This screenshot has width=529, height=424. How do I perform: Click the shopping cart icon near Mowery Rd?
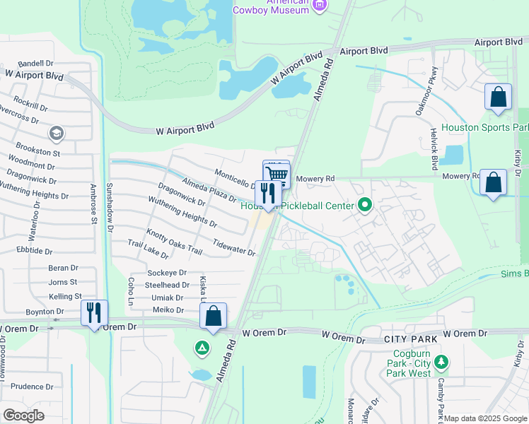point(278,174)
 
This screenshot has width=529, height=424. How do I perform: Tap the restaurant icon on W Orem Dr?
point(94,312)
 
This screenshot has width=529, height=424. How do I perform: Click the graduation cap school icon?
point(55,134)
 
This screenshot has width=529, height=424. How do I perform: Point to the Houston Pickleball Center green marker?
point(365,206)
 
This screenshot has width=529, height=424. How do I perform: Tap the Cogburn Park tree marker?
point(441,363)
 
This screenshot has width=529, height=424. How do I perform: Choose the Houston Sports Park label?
point(484,128)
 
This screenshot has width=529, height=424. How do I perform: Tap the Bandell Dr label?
point(35,64)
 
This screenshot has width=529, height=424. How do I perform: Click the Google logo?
point(23,416)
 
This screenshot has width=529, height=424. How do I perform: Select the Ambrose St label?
point(93,205)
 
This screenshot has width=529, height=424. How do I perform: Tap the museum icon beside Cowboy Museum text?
point(320,6)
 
